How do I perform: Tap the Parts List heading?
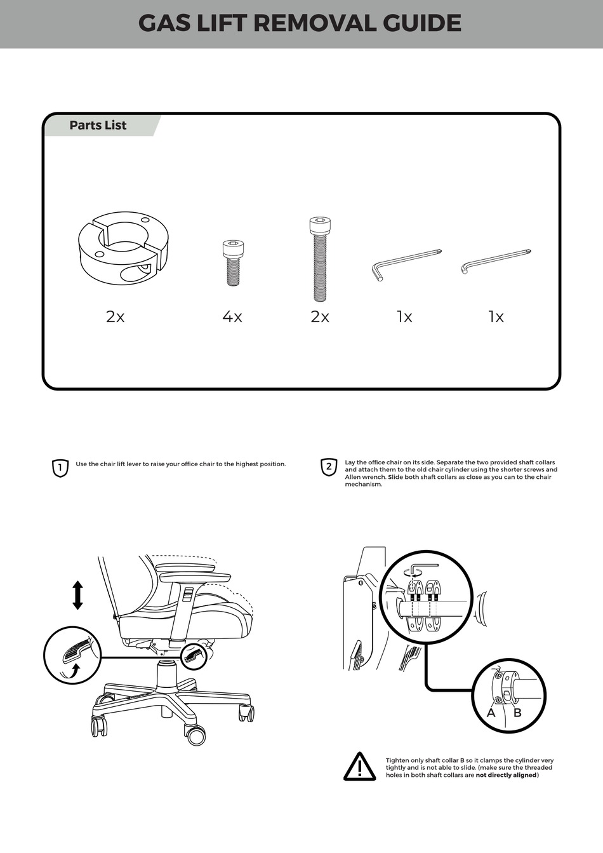click(x=98, y=125)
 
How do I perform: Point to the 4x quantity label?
click(x=232, y=316)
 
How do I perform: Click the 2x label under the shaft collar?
click(x=115, y=316)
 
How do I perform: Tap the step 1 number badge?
click(x=59, y=468)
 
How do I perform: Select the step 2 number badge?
click(x=328, y=467)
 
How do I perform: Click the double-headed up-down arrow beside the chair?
click(x=77, y=595)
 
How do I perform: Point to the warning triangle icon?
click(x=360, y=767)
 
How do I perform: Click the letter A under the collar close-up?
click(x=491, y=713)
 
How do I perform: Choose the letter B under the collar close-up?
click(x=517, y=713)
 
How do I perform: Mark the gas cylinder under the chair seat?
click(x=166, y=673)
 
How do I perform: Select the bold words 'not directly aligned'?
click(x=506, y=775)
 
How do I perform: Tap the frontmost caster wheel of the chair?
click(x=195, y=735)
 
